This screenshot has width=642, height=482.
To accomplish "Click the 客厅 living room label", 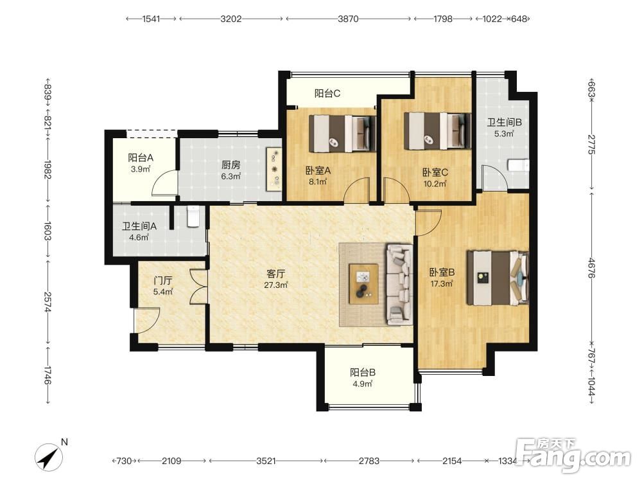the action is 275,273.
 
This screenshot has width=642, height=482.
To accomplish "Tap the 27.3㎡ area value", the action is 275,285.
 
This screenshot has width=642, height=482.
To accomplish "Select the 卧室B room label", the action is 442,272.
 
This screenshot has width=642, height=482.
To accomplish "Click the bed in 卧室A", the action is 342,134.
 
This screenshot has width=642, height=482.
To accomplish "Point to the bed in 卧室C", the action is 437,131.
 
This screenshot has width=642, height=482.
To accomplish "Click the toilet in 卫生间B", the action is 518,165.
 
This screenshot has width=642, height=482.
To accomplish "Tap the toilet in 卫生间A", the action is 193,216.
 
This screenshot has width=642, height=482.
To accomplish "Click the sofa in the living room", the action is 399,285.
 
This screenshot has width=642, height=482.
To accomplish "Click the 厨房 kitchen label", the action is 230,165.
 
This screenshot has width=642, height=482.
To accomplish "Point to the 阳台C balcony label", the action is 327,93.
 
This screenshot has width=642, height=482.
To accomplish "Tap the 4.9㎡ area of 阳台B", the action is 362,384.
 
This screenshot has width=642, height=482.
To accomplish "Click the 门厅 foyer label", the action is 162,281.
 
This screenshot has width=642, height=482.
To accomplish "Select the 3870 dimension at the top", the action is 348,19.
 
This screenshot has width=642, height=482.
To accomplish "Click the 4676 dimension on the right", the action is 591,267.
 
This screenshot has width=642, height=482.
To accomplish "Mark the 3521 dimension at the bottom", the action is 266,461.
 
